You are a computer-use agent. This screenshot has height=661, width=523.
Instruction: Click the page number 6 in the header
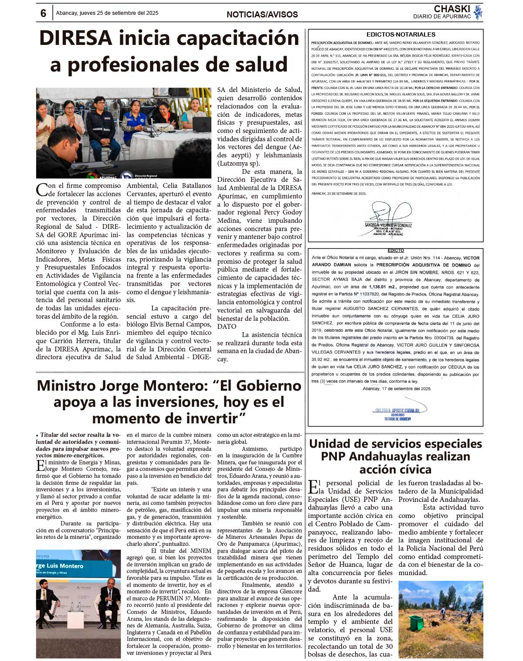click(x=43, y=14)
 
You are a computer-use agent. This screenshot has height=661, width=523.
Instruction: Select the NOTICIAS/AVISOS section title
click(x=262, y=14)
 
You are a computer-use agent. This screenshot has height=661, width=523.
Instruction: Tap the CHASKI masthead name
click(x=452, y=9)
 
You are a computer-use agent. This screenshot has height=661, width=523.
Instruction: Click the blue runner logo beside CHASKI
click(x=478, y=12)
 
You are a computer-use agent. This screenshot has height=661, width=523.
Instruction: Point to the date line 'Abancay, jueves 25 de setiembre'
click(x=107, y=13)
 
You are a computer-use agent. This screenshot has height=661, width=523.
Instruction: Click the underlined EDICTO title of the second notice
click(x=395, y=251)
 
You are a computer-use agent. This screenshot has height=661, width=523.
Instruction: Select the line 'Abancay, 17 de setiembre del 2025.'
click(x=397, y=388)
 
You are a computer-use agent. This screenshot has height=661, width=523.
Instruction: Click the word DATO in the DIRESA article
click(x=227, y=327)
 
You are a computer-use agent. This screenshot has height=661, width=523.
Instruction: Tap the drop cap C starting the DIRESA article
click(x=42, y=189)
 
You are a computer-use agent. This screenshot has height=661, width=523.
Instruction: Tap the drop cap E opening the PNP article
click(x=313, y=487)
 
